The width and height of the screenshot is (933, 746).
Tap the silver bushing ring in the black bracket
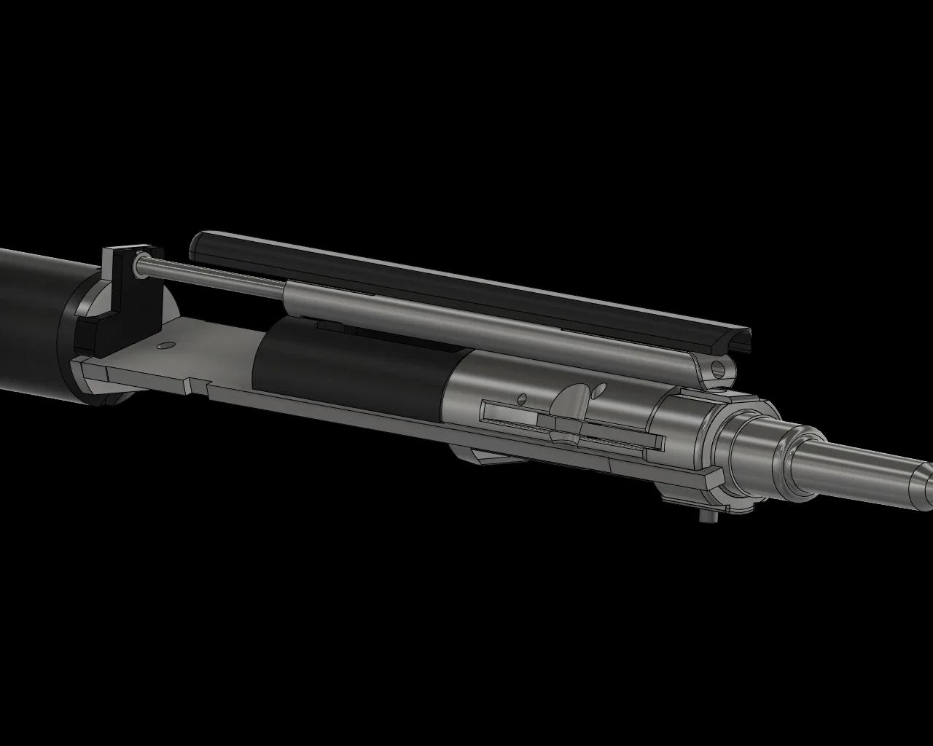coord(138,268)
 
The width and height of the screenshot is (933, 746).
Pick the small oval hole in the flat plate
coord(165,345)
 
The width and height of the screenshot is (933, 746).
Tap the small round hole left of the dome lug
coord(522,398)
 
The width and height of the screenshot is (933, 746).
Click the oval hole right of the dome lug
coord(598,392)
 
